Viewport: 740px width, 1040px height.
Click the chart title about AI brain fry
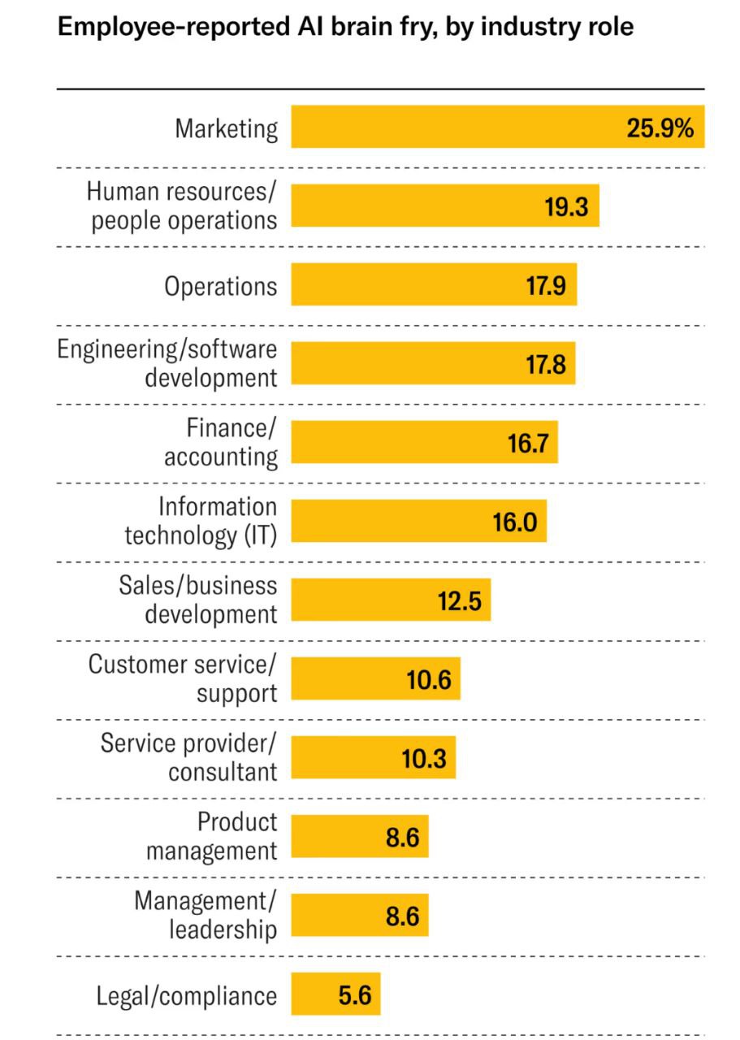click(345, 27)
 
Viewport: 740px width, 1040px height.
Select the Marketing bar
click(498, 127)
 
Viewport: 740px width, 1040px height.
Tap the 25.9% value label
click(660, 128)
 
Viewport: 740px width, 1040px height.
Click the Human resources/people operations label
click(182, 206)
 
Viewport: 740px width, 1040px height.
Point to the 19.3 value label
click(566, 206)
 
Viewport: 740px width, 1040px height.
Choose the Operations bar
click(434, 284)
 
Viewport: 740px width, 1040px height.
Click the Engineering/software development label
click(167, 363)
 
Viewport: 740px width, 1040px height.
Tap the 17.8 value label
click(546, 364)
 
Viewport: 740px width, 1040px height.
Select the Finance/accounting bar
click(424, 442)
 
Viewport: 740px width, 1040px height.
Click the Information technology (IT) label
click(201, 521)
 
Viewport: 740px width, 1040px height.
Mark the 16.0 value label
click(515, 522)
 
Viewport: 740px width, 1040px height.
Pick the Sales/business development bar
click(391, 600)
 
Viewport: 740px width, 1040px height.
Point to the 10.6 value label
click(429, 680)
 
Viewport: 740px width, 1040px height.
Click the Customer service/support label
click(183, 678)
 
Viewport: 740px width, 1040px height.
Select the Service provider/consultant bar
click(374, 757)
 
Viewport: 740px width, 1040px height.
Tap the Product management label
click(212, 836)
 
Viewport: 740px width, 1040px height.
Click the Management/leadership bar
click(360, 915)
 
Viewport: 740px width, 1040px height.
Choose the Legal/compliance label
click(187, 995)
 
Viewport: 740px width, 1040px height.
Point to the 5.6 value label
click(355, 995)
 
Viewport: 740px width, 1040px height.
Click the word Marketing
click(227, 128)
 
